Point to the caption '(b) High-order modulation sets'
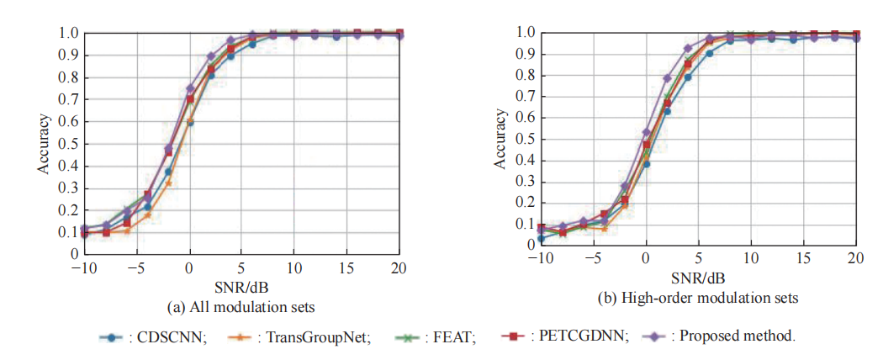[698, 297]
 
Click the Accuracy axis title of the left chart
[43, 143]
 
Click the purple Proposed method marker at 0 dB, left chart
[190, 88]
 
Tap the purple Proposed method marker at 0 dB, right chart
[646, 132]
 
